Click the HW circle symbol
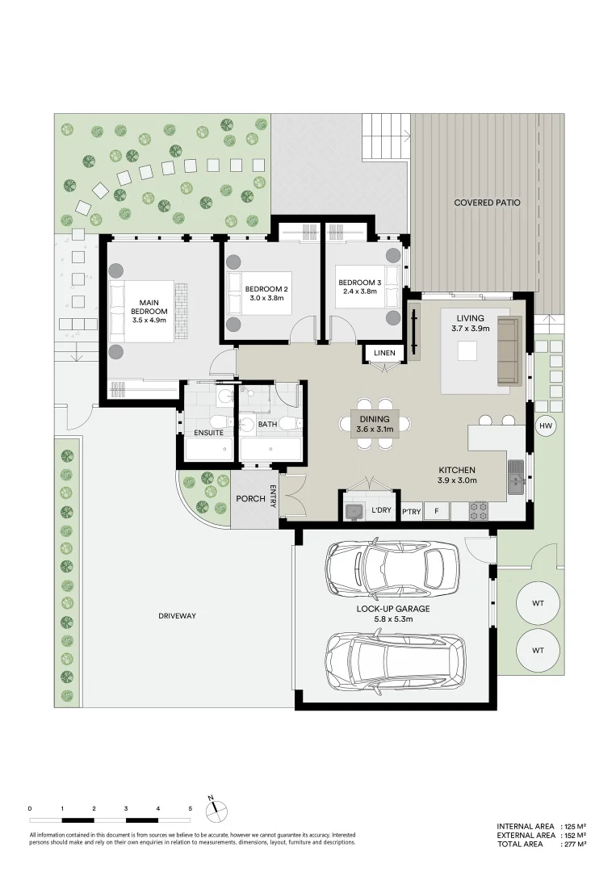pos(546,426)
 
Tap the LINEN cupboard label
pos(384,353)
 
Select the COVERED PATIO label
pos(487,203)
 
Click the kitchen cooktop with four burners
pos(479,510)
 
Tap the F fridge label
pos(437,511)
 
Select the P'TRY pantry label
pos(411,511)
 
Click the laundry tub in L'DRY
pos(353,510)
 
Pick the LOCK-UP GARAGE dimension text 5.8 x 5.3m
pos(393,619)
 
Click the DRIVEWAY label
pos(178,616)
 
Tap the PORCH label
pos(250,498)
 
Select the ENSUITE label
pos(208,434)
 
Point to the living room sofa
pos(508,351)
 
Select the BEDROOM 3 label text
pos(358,281)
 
